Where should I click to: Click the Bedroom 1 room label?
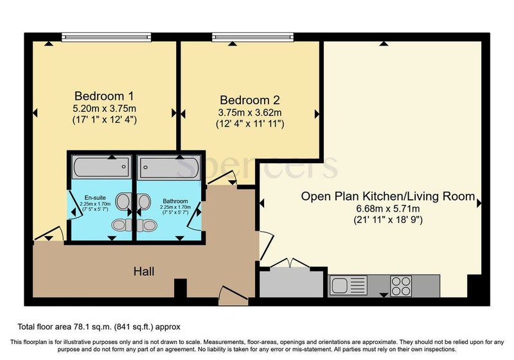[104, 96]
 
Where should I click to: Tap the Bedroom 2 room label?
[250, 100]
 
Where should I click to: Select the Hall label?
[144, 271]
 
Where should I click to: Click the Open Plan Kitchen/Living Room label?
[388, 197]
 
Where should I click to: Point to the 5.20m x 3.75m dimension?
[104, 108]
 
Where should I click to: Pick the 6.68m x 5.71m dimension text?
[388, 208]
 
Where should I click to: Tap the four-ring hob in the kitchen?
[401, 286]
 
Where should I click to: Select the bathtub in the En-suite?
[102, 167]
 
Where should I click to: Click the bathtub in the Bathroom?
[168, 168]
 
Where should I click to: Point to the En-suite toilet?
[121, 225]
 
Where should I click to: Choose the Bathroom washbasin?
[144, 201]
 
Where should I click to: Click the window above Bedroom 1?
[106, 37]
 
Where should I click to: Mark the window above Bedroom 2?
[253, 37]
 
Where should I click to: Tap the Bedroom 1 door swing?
[49, 234]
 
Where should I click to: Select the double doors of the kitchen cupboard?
[290, 264]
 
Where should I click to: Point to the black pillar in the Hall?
[181, 288]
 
